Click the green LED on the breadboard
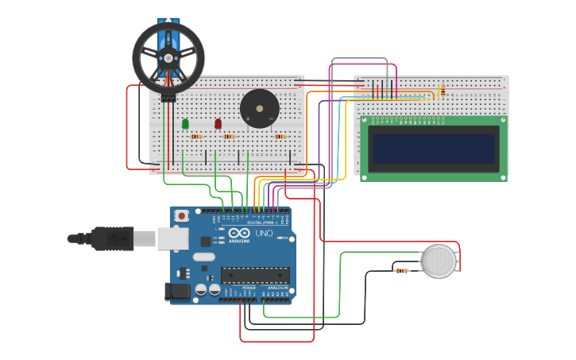(x=185, y=123)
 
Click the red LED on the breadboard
(x=218, y=123)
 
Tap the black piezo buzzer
(x=260, y=108)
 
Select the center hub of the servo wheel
(x=168, y=58)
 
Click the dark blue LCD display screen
(x=434, y=149)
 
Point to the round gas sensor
(x=439, y=261)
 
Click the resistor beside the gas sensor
(x=402, y=271)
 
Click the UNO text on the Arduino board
(x=264, y=234)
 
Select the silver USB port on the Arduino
(x=171, y=238)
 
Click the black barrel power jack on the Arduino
(x=177, y=292)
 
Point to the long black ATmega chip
(x=255, y=275)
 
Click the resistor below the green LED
(x=196, y=137)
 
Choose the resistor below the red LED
(x=229, y=137)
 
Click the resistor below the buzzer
(x=280, y=137)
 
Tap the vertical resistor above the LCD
(x=441, y=91)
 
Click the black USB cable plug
(x=111, y=238)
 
